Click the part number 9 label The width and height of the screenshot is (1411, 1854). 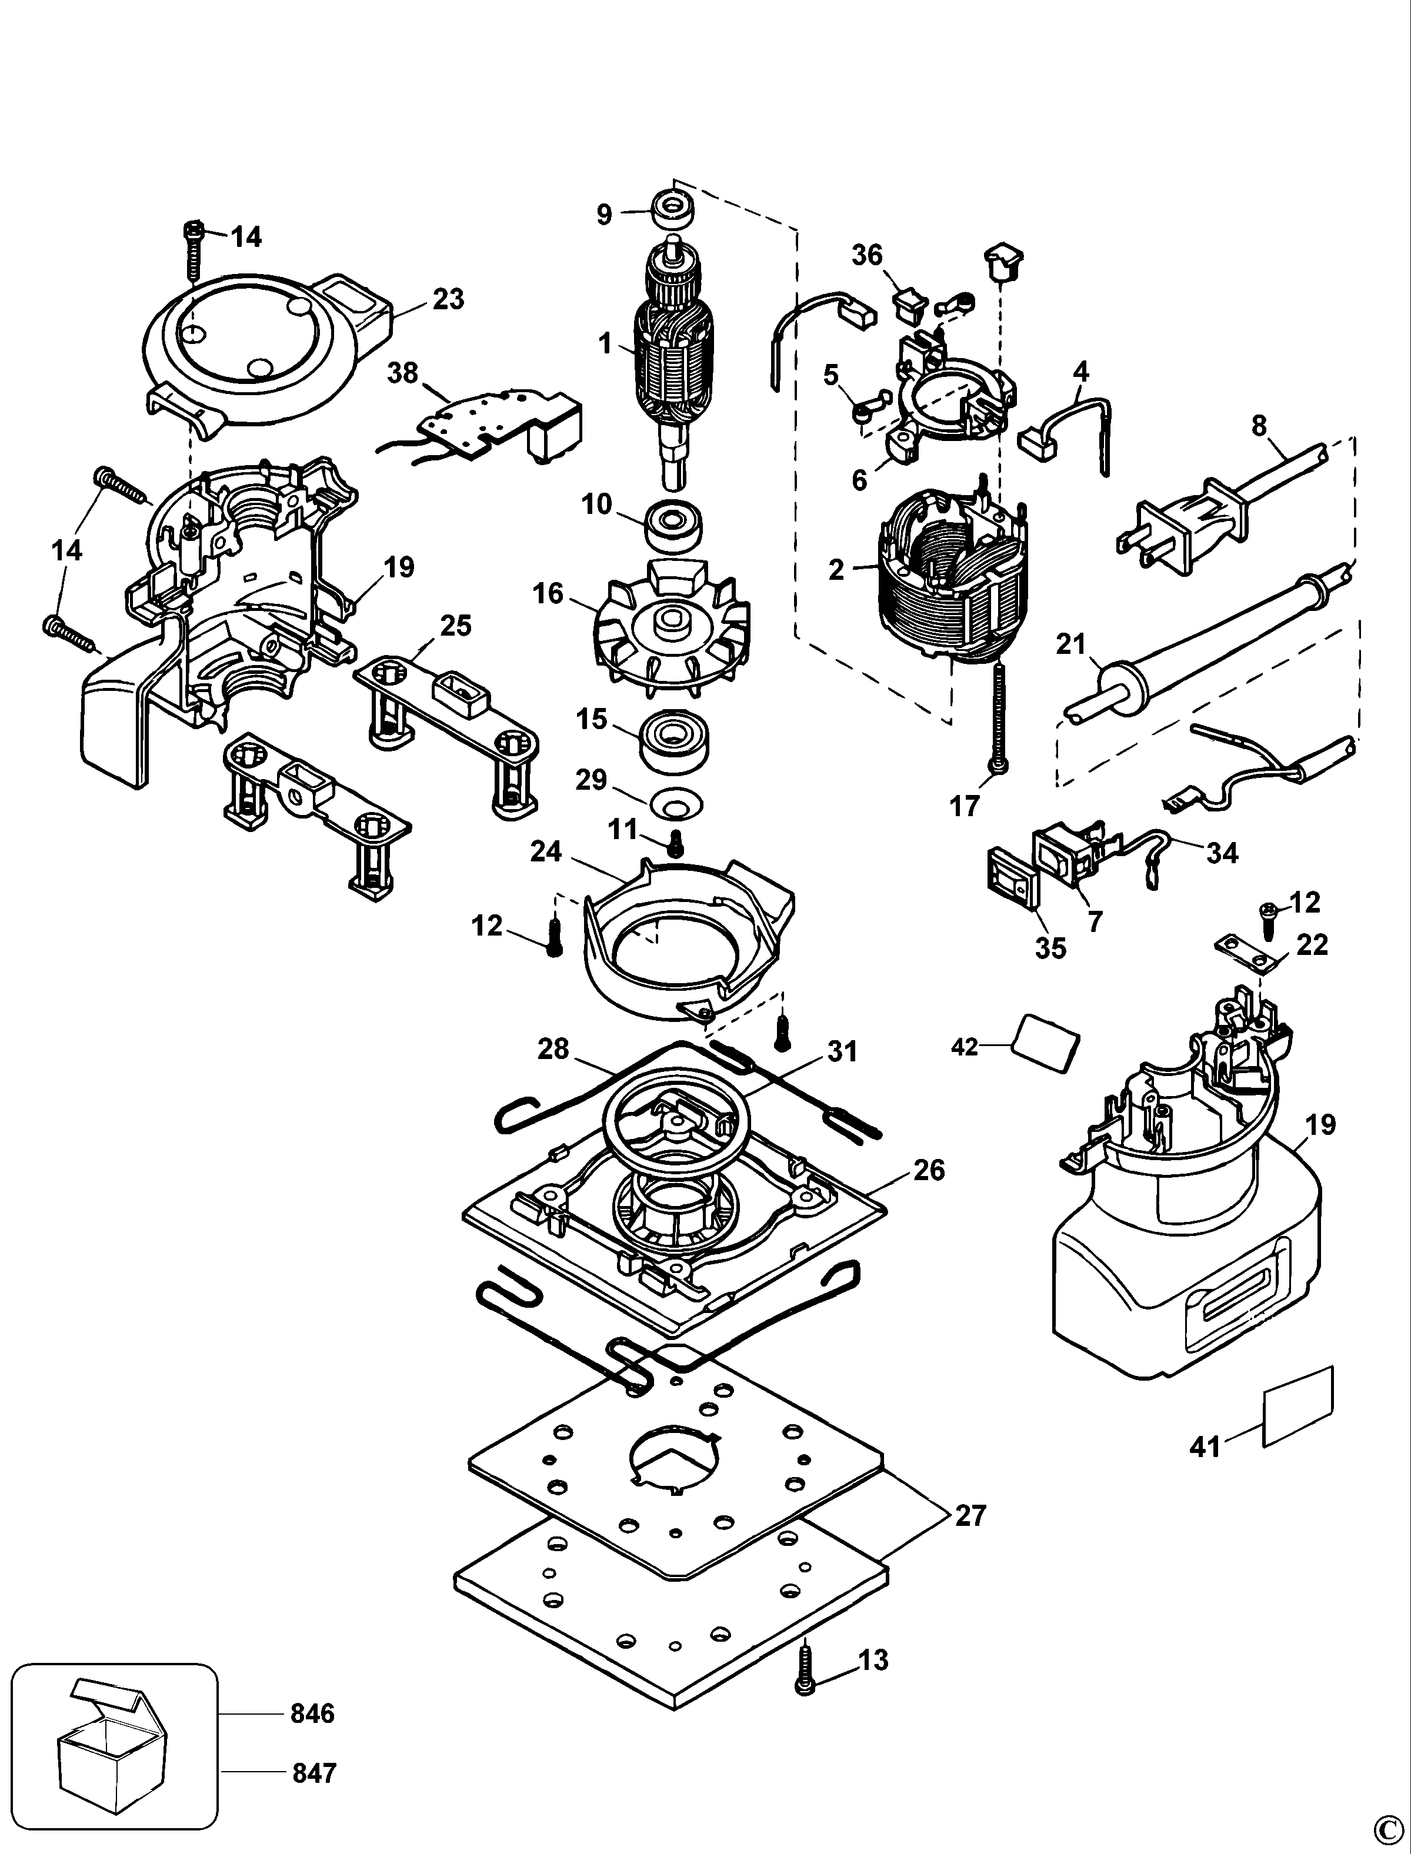[604, 215]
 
